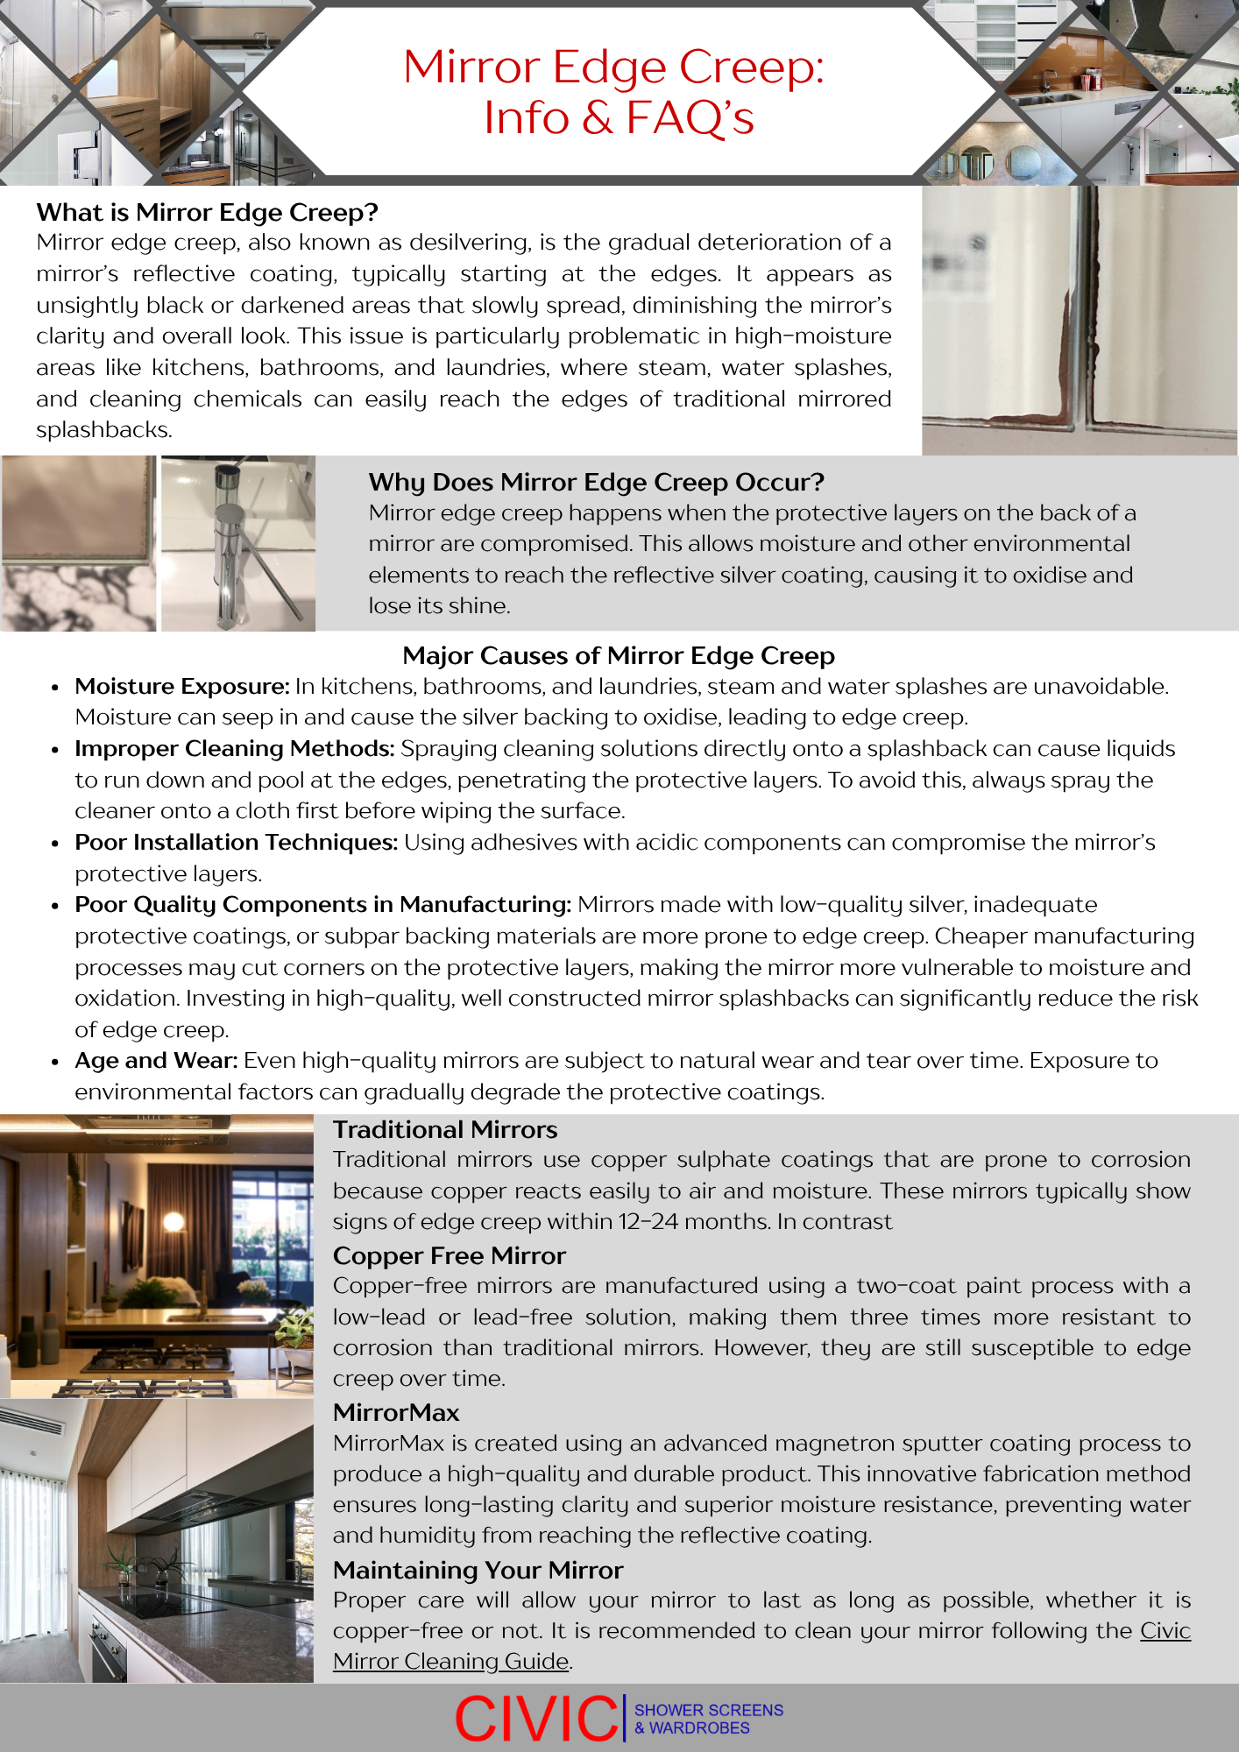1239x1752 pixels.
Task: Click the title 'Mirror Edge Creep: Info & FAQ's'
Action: [x=615, y=92]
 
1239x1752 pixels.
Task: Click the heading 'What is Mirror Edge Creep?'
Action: [x=208, y=213]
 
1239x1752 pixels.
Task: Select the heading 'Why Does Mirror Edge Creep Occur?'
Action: [x=596, y=483]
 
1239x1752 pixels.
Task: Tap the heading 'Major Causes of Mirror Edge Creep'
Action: [x=619, y=656]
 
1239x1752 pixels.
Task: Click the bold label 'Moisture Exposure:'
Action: [x=181, y=687]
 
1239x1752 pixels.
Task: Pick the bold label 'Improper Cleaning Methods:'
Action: [x=234, y=749]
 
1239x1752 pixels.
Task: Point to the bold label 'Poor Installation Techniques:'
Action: [x=236, y=843]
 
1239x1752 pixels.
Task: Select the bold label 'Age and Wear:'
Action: [x=156, y=1061]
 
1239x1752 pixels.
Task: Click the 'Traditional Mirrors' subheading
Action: [x=445, y=1130]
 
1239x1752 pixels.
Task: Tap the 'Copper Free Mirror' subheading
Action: [x=449, y=1256]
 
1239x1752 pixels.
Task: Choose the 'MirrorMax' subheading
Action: [x=396, y=1413]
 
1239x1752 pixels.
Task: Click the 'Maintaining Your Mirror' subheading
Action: [x=478, y=1570]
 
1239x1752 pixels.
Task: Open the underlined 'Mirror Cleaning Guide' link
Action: [x=450, y=1662]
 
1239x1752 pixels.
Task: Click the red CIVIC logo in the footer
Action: [x=536, y=1719]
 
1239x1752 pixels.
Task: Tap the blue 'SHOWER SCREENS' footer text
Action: [x=708, y=1710]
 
